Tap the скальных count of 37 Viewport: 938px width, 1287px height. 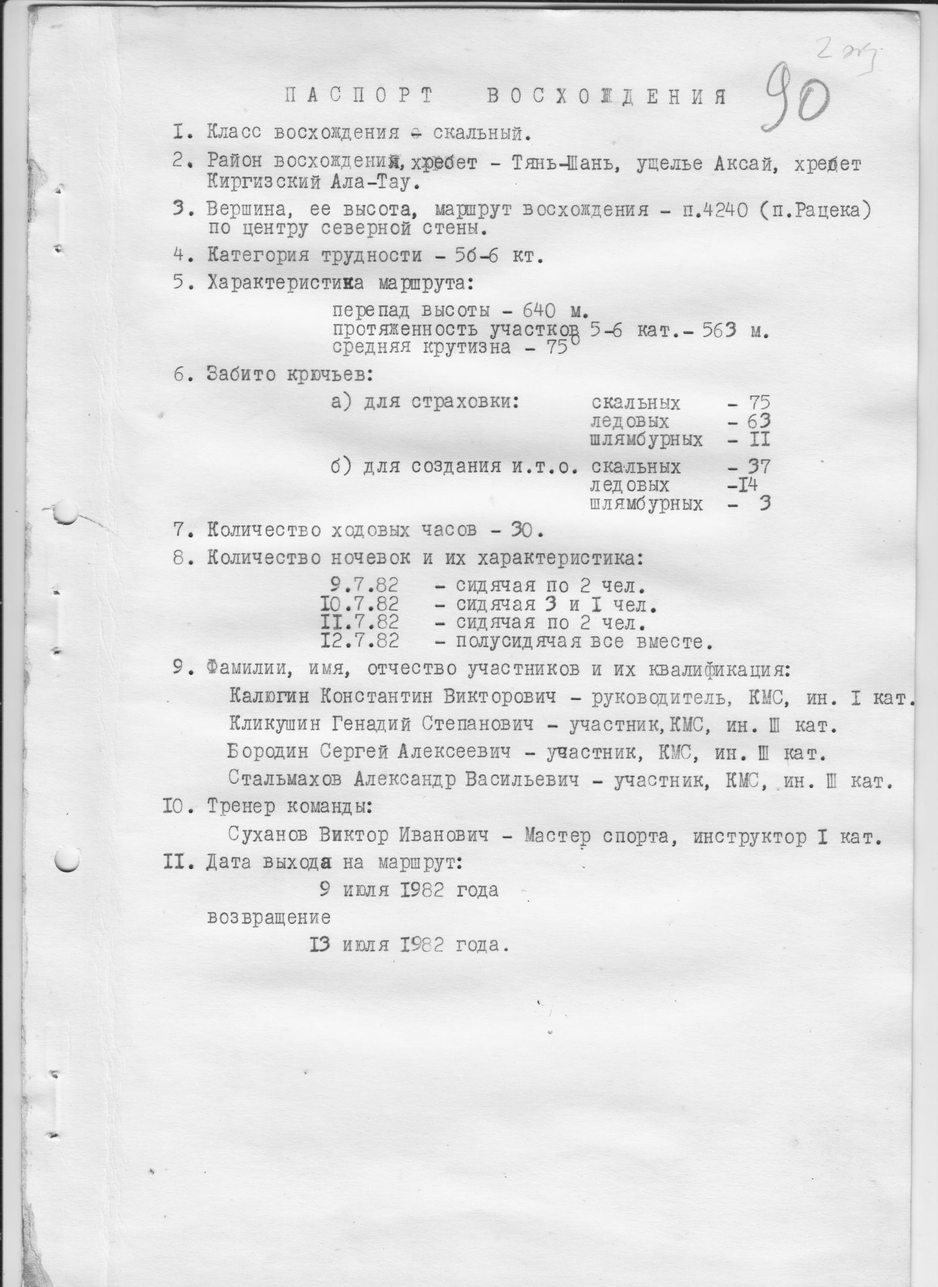pyautogui.click(x=756, y=467)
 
